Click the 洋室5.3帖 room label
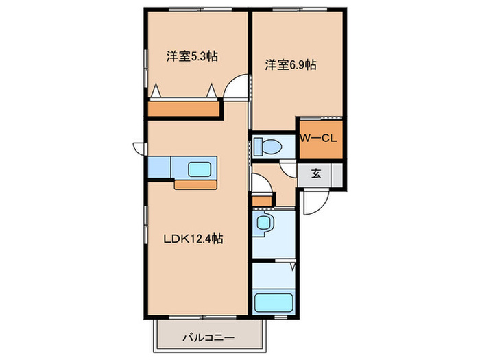pyautogui.click(x=192, y=57)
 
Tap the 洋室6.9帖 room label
pyautogui.click(x=291, y=65)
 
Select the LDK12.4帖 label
pyautogui.click(x=192, y=239)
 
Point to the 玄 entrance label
pyautogui.click(x=315, y=173)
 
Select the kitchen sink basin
pyautogui.click(x=200, y=167)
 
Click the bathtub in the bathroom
pyautogui.click(x=274, y=302)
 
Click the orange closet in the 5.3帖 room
pyautogui.click(x=184, y=109)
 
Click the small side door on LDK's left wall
pyautogui.click(x=140, y=147)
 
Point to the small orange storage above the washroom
pyautogui.click(x=262, y=200)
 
